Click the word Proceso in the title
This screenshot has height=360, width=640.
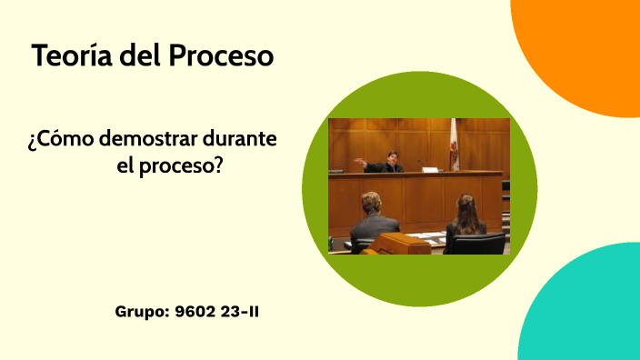pyautogui.click(x=221, y=55)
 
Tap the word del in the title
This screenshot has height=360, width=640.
pyautogui.click(x=142, y=55)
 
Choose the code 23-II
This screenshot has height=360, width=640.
pyautogui.click(x=238, y=312)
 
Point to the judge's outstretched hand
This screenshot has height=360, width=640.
pyautogui.click(x=358, y=164)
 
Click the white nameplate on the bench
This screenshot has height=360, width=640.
pyautogui.click(x=430, y=169)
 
